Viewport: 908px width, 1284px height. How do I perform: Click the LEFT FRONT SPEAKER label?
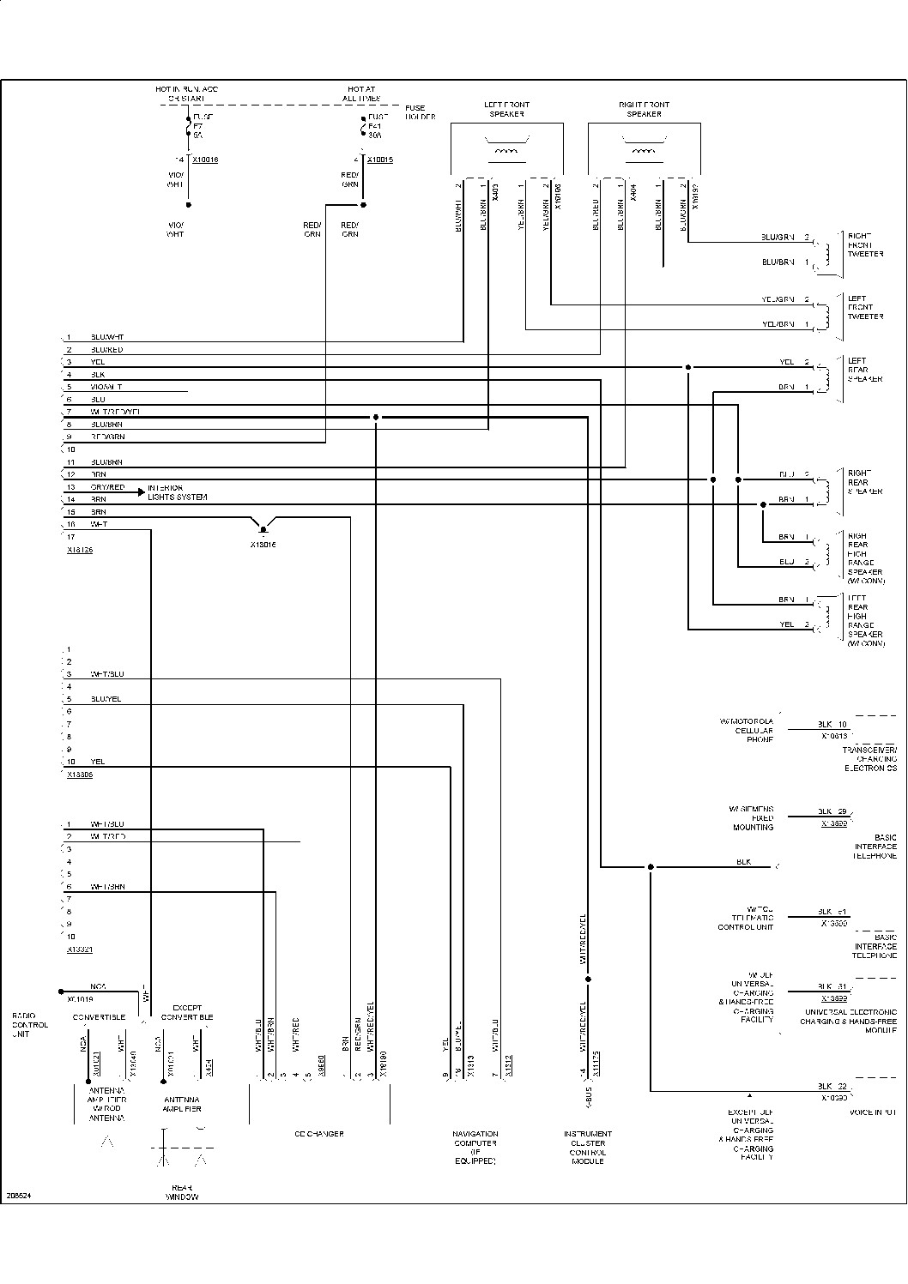coord(506,110)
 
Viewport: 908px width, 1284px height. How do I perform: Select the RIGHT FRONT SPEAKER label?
coord(644,110)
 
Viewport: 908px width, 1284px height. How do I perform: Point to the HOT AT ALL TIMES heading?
coord(361,93)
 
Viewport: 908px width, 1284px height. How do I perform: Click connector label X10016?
coord(205,160)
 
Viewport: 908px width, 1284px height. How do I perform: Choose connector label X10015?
coord(380,160)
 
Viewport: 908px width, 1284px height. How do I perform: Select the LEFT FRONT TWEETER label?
coord(865,307)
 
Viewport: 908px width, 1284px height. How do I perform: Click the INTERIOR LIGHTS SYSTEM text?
coord(177,492)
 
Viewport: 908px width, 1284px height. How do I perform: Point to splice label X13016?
coord(263,544)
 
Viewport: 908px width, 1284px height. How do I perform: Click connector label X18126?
coord(80,550)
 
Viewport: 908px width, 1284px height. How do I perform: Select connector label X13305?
coord(80,775)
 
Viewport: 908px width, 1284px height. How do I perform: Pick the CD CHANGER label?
coord(319,1134)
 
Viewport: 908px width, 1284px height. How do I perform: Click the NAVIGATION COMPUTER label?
coord(475,1148)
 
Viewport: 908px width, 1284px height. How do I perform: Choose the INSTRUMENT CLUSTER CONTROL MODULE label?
coord(588,1148)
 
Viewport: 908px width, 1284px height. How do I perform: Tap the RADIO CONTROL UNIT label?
coord(30,1025)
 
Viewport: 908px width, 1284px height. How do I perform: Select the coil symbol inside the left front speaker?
coord(506,153)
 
